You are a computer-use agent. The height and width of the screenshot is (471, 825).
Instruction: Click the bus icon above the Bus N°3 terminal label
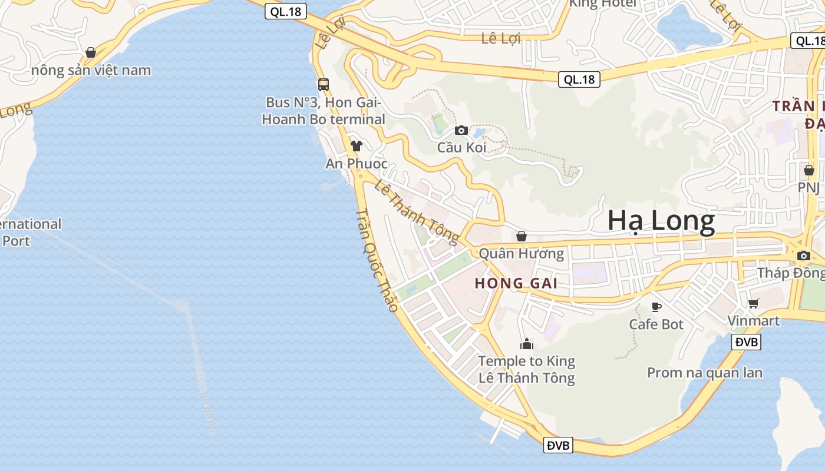pos(323,84)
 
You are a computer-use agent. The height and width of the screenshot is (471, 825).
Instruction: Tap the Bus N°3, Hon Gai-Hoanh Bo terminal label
pos(324,111)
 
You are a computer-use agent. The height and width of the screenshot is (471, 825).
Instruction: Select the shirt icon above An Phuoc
pos(356,145)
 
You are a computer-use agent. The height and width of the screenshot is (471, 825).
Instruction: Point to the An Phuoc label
pos(357,164)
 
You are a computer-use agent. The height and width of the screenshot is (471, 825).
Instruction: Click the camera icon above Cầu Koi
pos(461,130)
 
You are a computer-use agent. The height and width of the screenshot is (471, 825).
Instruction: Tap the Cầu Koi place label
pos(461,147)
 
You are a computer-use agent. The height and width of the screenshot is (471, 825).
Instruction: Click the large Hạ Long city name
pos(661,221)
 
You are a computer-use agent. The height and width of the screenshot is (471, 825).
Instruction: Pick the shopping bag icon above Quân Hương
pos(521,237)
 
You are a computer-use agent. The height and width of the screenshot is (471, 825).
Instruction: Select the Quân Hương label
pos(521,254)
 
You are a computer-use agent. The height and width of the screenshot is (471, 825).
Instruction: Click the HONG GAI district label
pos(516,283)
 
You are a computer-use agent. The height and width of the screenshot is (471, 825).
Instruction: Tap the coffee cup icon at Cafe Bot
pos(656,307)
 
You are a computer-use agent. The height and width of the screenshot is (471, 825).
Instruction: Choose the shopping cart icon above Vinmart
pos(753,304)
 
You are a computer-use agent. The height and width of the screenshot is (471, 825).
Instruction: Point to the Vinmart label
pos(753,321)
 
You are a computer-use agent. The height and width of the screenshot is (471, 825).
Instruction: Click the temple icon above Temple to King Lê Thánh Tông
pos(526,343)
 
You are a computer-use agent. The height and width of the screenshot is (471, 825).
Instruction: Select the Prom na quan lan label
pos(705,373)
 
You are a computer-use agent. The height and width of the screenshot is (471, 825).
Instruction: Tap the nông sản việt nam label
pos(91,71)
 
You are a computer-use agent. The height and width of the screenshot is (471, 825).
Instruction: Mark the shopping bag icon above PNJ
pos(808,171)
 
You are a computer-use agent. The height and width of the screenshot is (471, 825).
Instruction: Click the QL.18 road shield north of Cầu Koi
pos(579,79)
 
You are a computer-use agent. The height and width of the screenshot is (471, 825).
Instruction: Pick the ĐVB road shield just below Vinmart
pos(746,341)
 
